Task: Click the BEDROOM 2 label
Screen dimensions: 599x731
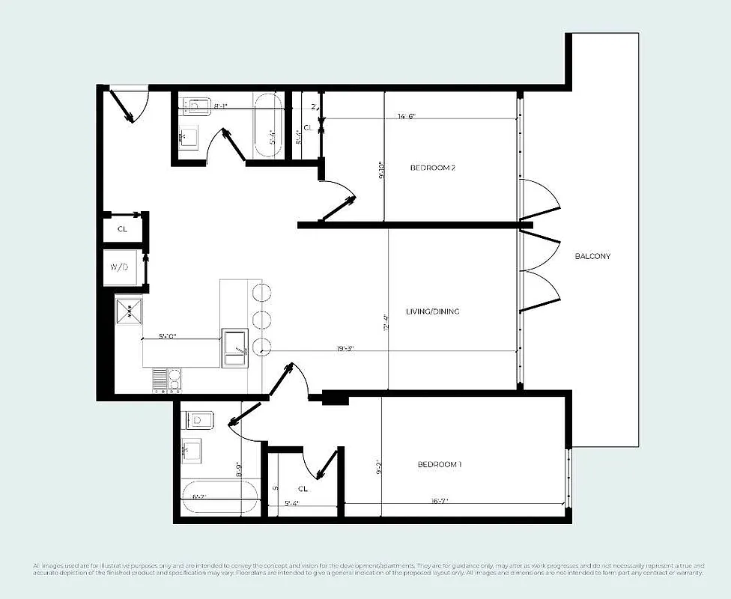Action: (x=433, y=168)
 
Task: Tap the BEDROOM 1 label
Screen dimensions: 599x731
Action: (x=439, y=465)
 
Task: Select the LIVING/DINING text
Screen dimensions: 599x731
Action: (x=433, y=311)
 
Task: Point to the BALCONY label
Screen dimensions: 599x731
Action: (x=592, y=256)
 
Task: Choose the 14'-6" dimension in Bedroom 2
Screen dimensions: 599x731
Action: (x=407, y=116)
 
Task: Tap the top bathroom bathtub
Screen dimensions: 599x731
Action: (x=268, y=125)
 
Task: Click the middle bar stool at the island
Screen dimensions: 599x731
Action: (x=261, y=318)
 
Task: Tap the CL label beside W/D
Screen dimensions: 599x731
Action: (x=121, y=229)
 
